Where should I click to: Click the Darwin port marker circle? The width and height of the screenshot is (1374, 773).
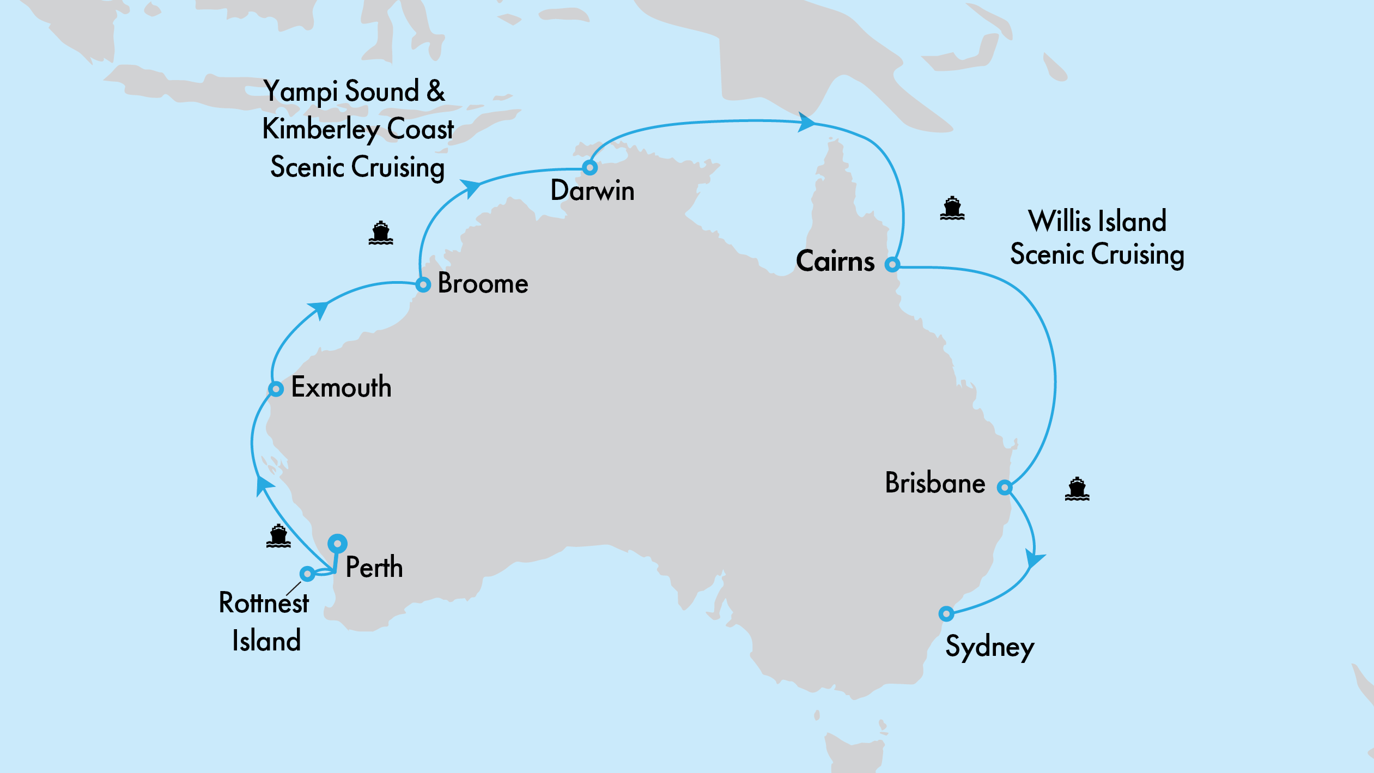tap(589, 167)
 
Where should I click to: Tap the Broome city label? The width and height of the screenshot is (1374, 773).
tap(483, 283)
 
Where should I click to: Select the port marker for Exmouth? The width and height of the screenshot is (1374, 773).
tap(276, 389)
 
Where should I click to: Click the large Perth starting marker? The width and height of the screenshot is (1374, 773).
tap(338, 543)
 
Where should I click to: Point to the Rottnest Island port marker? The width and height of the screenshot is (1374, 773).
tap(307, 574)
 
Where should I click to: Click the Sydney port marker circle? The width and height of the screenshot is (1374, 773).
tap(946, 614)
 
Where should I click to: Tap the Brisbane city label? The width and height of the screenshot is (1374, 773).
tap(935, 483)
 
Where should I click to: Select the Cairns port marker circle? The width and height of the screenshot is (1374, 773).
tap(892, 265)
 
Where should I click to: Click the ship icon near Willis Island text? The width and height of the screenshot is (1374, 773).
tap(952, 209)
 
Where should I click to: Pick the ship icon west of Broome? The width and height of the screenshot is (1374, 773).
tap(380, 233)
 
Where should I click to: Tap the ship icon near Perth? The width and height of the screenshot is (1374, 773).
tap(278, 536)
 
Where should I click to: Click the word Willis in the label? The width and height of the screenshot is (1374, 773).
tap(1060, 221)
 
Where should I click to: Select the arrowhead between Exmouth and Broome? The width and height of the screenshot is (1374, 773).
tap(319, 309)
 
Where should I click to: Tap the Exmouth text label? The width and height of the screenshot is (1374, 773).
tap(341, 387)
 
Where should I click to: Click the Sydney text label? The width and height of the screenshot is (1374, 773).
tap(989, 648)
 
